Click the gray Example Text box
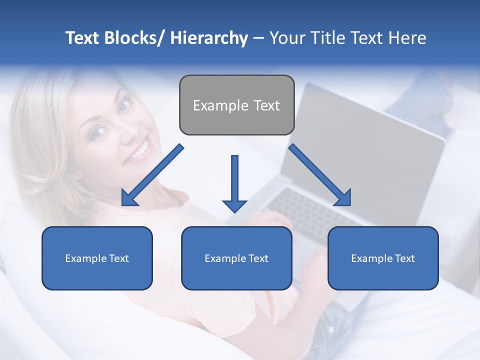[x=236, y=105]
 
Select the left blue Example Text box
[x=97, y=258]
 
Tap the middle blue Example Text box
[x=236, y=258]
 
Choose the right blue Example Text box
[x=383, y=258]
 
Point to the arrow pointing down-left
[x=152, y=175]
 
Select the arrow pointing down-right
[x=320, y=175]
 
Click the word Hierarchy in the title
[x=208, y=38]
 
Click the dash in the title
[x=258, y=38]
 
